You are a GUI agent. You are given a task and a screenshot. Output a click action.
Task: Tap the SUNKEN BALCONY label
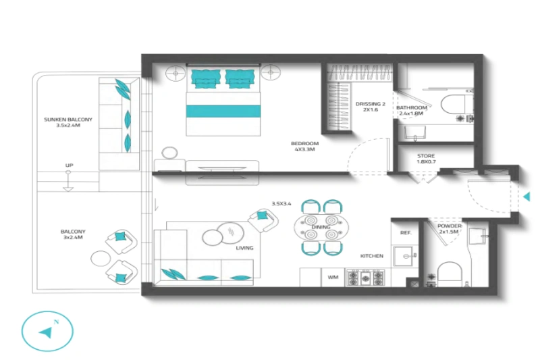(68, 120)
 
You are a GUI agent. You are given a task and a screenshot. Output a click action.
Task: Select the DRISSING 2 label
(371, 104)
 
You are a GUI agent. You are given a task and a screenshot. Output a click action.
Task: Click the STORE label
(426, 157)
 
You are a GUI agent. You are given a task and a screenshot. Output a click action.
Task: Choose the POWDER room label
(450, 226)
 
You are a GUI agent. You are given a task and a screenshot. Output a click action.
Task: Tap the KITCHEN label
(371, 256)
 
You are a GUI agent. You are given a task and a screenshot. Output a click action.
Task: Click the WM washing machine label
(333, 277)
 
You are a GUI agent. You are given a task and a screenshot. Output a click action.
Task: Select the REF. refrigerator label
(406, 232)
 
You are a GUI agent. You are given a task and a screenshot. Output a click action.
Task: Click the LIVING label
(244, 248)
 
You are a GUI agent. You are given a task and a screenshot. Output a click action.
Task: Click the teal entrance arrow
(526, 196)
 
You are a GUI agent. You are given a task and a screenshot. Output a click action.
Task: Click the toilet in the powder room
(450, 274)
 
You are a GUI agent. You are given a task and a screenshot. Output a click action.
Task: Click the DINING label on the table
(321, 227)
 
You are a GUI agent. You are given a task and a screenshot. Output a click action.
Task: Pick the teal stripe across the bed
(223, 111)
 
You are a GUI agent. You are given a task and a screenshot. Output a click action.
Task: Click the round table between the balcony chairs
(101, 258)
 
